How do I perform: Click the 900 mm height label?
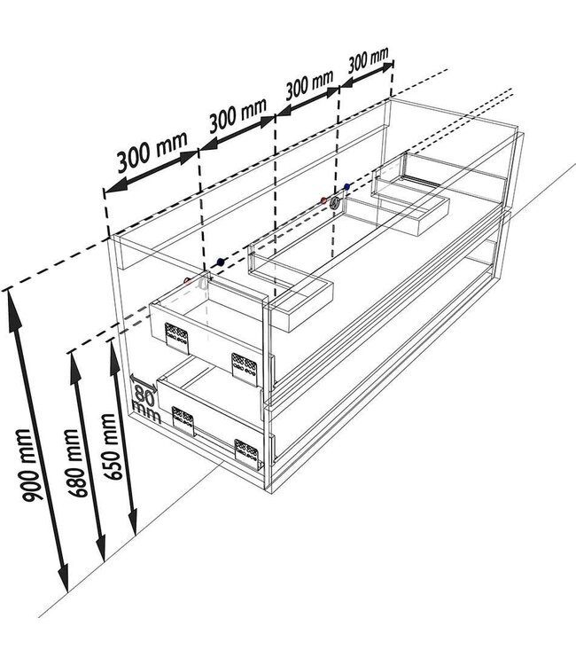click(32, 465)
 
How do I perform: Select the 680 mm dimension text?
click(78, 463)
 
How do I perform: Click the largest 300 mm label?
click(152, 151)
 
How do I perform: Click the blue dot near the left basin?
click(220, 262)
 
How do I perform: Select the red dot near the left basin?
click(187, 280)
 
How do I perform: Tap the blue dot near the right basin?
click(347, 186)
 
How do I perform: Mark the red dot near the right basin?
click(323, 200)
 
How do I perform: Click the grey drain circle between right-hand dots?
click(335, 203)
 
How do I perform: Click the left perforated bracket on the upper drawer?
click(176, 337)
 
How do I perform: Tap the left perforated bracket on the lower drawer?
click(183, 420)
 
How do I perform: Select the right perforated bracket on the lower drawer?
click(247, 454)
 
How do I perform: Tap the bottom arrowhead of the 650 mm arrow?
click(133, 520)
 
